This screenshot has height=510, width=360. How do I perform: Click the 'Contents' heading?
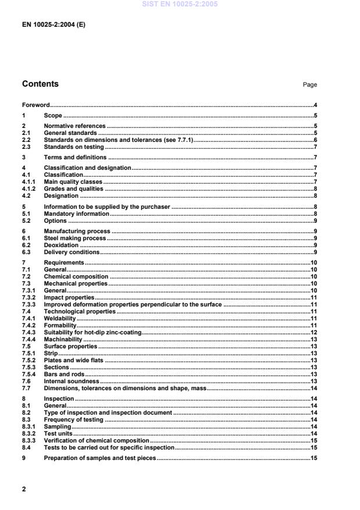click(40, 84)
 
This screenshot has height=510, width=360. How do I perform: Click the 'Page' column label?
click(309, 85)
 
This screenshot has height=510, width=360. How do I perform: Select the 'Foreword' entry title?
click(35, 105)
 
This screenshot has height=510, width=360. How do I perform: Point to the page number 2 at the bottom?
click(24, 489)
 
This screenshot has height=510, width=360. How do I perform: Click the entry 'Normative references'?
click(74, 126)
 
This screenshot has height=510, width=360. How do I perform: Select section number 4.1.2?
click(29, 188)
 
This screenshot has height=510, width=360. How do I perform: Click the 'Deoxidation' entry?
click(62, 245)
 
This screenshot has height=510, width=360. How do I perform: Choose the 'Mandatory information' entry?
click(77, 213)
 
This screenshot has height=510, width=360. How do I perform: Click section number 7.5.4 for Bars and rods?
click(29, 374)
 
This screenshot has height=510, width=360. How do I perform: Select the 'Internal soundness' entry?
click(72, 381)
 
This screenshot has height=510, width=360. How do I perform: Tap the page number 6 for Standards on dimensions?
click(315, 140)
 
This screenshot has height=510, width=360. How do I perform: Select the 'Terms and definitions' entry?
click(75, 157)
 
